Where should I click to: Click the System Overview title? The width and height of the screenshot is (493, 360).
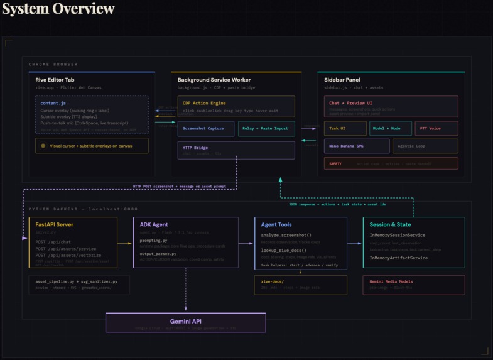58,9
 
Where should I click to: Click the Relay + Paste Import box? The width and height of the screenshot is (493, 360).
266,129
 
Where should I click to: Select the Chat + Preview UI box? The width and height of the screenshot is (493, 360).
391,107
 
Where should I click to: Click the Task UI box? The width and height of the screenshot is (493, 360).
345,129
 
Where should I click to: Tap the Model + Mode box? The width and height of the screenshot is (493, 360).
390,129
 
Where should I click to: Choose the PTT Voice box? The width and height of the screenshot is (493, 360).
436,129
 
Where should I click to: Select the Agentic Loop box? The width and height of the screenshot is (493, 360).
425,146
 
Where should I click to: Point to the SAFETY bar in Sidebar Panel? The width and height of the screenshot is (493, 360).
391,163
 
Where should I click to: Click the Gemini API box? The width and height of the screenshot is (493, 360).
185,323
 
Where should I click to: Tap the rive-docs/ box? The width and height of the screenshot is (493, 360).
300,285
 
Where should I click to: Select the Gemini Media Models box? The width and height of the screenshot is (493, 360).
413,285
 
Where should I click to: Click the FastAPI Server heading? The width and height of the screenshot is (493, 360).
55,224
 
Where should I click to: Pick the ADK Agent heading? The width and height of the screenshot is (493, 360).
154,224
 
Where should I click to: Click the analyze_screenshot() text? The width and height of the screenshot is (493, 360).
286,235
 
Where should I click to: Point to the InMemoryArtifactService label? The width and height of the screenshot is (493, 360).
399,258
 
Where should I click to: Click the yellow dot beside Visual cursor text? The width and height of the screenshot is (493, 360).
43,146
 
